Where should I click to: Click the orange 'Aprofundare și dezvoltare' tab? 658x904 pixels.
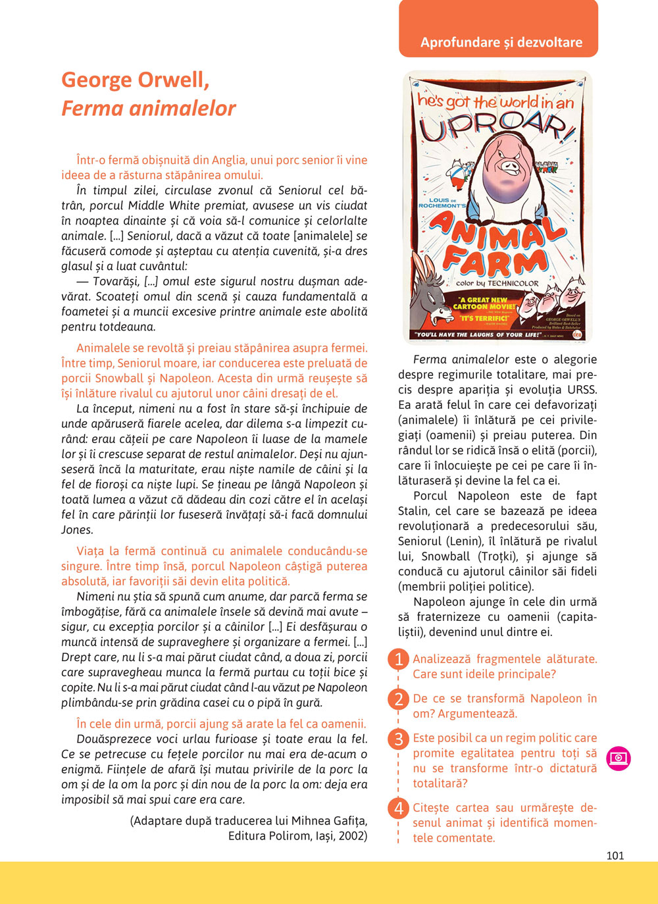click(501, 42)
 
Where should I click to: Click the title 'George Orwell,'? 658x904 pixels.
click(136, 80)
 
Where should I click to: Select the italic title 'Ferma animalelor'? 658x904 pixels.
click(149, 108)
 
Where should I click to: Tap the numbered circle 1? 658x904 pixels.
click(398, 659)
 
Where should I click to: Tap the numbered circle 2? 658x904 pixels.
click(398, 699)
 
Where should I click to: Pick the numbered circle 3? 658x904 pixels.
click(398, 739)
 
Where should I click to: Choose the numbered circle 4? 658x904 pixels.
click(398, 808)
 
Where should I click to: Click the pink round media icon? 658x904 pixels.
click(619, 758)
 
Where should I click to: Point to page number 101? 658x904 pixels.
click(615, 855)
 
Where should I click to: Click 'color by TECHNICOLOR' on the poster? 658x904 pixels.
click(497, 283)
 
